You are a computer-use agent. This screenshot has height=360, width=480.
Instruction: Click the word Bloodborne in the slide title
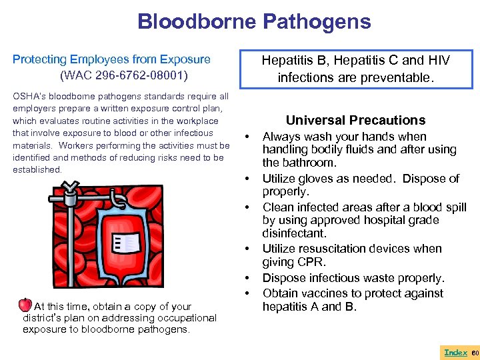click(x=196, y=21)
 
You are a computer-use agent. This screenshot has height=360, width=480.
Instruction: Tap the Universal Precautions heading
click(x=355, y=120)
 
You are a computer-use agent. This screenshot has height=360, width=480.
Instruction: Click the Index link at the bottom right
click(x=455, y=352)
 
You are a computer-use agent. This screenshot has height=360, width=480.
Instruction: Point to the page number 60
click(x=475, y=352)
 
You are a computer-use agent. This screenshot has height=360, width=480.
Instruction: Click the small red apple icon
click(x=25, y=305)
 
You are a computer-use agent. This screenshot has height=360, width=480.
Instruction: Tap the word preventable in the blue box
click(x=398, y=77)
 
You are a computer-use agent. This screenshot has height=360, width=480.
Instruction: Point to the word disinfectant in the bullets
click(x=294, y=234)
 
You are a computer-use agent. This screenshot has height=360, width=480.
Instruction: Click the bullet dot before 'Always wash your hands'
click(x=248, y=137)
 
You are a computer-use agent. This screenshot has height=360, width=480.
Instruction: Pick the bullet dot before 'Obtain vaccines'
click(x=248, y=293)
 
